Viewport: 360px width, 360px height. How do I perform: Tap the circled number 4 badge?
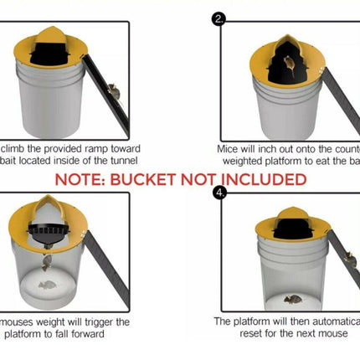pos(220,193)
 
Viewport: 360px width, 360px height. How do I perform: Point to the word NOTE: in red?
pos(81,179)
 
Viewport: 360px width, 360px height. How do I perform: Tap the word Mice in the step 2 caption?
pos(229,146)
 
